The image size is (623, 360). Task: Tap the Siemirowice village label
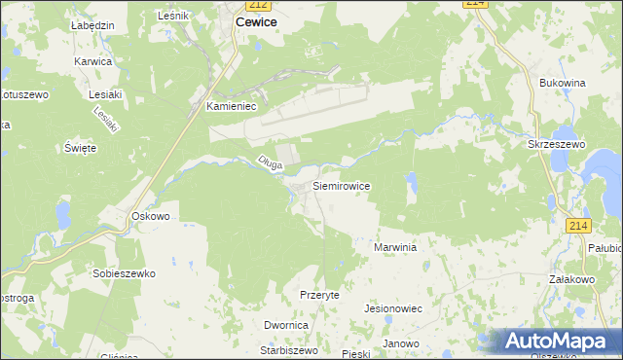pos(341,184)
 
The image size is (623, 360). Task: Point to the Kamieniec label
pos(231,108)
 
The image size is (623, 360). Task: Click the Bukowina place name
pos(562,84)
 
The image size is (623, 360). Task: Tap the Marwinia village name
pos(395,248)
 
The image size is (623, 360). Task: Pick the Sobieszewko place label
pos(124,274)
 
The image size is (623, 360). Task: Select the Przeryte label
pos(319,294)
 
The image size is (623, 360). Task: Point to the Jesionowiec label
pos(391,308)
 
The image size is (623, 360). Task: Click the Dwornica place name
pos(286,326)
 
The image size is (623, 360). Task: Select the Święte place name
pos(80,148)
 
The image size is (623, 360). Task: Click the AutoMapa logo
pos(557,341)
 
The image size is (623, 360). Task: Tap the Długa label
pos(270,164)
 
